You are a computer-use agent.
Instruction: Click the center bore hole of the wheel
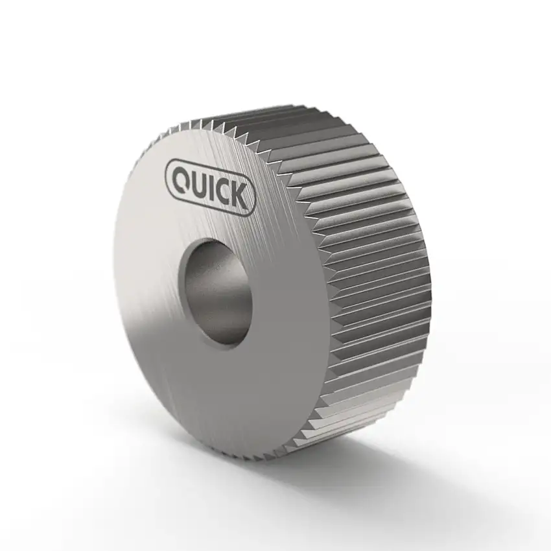[217, 292]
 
